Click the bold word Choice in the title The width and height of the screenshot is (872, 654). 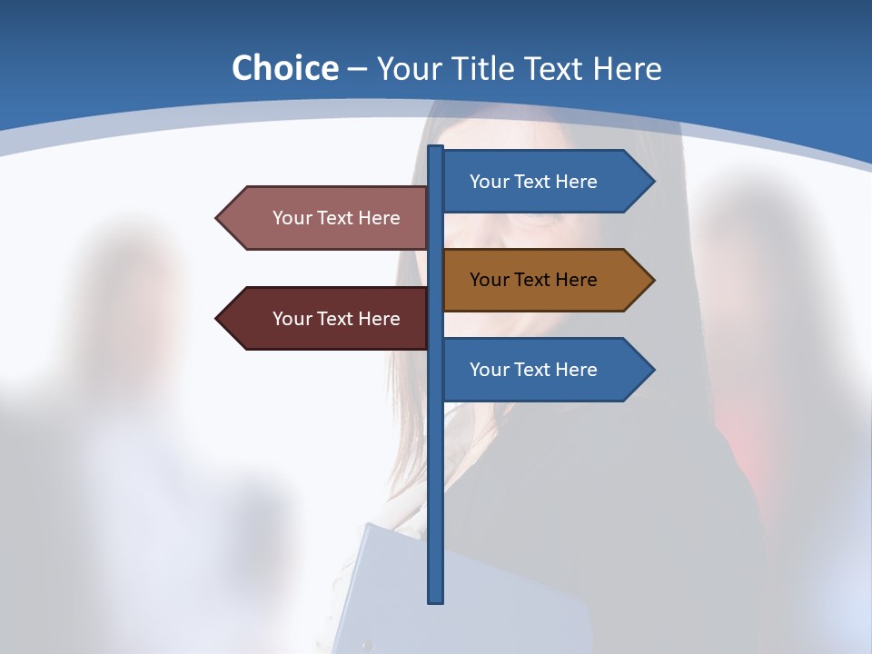284,68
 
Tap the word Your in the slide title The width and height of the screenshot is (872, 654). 408,68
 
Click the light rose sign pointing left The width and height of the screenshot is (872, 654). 327,218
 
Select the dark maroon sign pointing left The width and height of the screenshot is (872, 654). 327,319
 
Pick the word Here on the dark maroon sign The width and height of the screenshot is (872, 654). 379,319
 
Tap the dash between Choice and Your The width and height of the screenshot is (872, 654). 357,69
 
